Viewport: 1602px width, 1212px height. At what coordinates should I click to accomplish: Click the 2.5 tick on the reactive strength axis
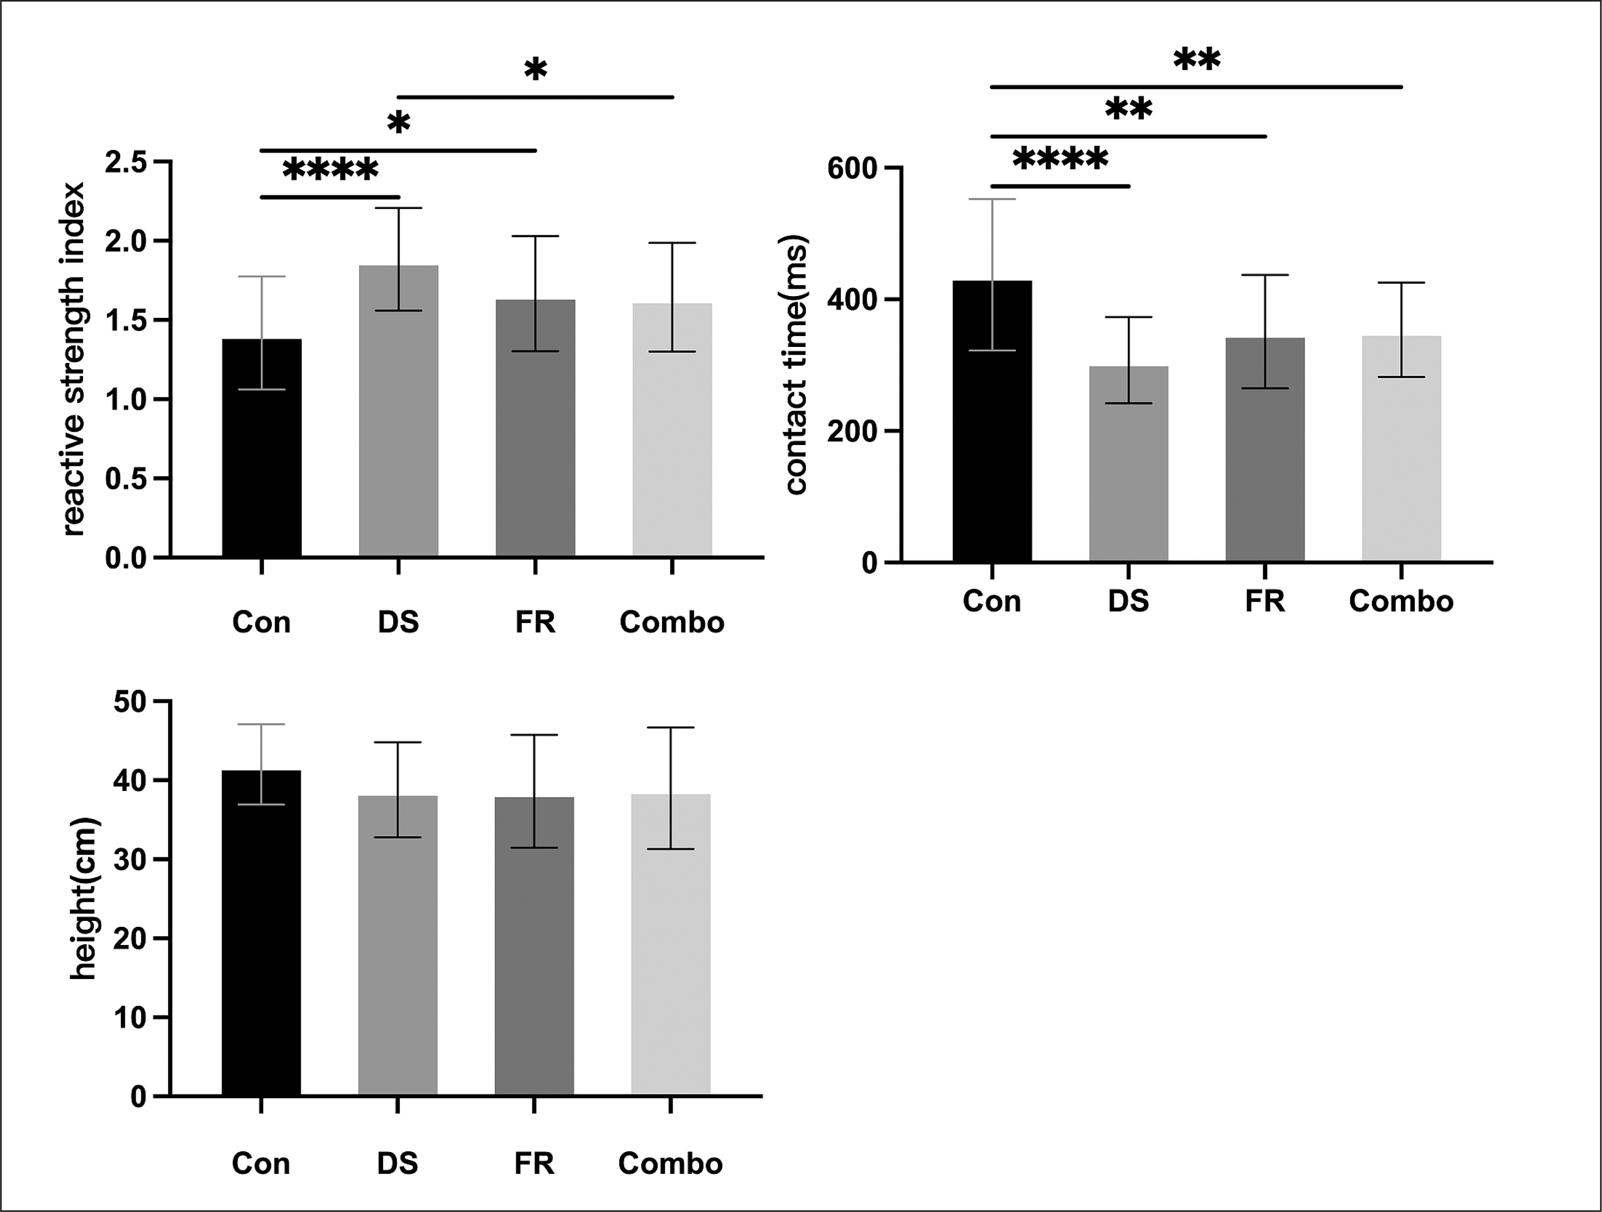tap(126, 162)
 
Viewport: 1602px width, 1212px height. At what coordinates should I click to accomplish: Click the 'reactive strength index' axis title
tap(74, 359)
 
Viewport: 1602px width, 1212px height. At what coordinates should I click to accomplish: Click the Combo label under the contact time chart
tap(1401, 601)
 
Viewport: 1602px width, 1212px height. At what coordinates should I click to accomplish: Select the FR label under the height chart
tap(534, 1163)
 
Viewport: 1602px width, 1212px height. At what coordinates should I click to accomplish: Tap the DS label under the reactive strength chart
tap(398, 622)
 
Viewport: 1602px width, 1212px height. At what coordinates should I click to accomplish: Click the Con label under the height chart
tap(261, 1163)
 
